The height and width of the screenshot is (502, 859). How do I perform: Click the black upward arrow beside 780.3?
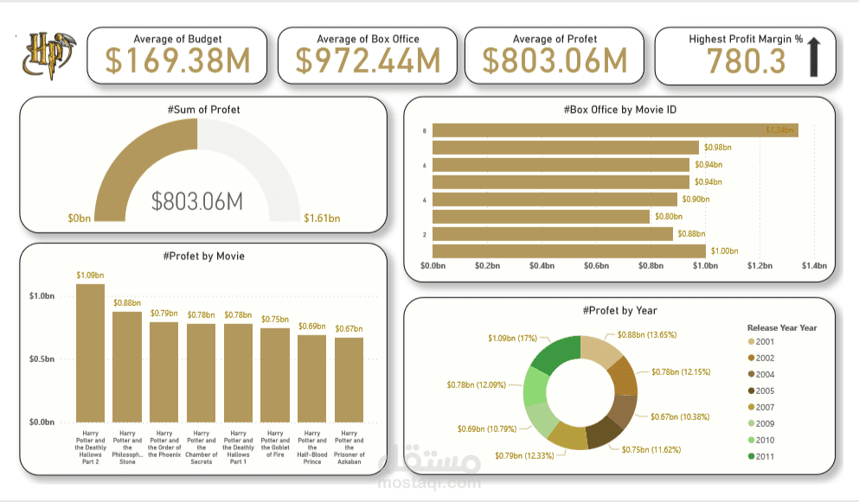point(813,58)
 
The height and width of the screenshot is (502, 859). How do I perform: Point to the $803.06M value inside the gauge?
point(197,201)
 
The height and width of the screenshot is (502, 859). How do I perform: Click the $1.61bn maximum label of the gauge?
point(322,219)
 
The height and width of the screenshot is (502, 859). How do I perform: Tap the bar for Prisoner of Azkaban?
point(349,379)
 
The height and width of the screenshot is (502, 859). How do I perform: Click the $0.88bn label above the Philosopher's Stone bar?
point(127,302)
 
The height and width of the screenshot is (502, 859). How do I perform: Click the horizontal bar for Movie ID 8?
point(614,130)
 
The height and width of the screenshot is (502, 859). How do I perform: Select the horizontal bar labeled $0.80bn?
point(541,216)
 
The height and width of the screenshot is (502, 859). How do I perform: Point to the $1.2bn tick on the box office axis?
point(760,266)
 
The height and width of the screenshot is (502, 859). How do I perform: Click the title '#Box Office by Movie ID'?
point(619,110)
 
